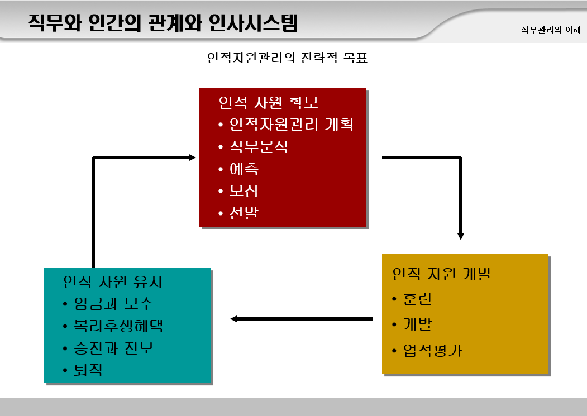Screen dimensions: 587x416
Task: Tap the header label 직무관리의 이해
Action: (x=550, y=30)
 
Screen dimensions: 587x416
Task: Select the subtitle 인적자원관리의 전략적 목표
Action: (x=287, y=58)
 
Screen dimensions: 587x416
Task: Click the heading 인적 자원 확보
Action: (x=269, y=102)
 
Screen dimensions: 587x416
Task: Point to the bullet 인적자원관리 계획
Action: (x=291, y=124)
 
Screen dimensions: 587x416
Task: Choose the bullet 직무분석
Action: (x=259, y=146)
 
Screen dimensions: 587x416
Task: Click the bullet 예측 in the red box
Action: (x=244, y=169)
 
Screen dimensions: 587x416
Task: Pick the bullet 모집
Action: (x=244, y=191)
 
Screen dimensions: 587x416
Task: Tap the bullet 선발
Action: (x=244, y=213)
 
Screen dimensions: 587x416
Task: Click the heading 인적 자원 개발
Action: (x=442, y=274)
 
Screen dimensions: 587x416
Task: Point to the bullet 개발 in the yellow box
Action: (x=417, y=324)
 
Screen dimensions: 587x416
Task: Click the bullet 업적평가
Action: (x=432, y=351)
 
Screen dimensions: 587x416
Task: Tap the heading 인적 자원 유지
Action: (x=113, y=281)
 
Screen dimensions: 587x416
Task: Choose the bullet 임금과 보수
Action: (x=113, y=303)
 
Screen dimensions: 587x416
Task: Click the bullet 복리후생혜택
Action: (x=118, y=326)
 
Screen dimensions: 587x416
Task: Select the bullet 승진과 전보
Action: (x=113, y=348)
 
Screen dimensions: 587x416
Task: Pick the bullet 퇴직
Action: (x=88, y=370)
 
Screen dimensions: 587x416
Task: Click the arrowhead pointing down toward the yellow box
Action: (x=461, y=236)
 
